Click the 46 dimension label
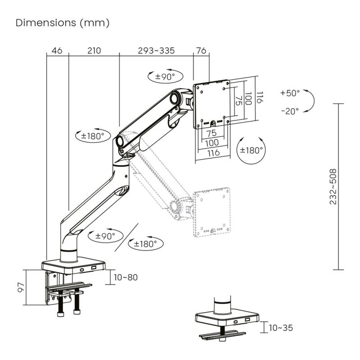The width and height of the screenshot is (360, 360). click(x=57, y=51)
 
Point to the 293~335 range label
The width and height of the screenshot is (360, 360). click(x=156, y=51)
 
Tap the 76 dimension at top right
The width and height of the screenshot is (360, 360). click(x=201, y=51)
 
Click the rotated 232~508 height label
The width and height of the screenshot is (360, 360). click(x=333, y=187)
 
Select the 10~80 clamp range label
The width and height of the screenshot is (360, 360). click(x=126, y=277)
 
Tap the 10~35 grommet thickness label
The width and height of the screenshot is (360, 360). click(x=281, y=328)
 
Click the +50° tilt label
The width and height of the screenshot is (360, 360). click(x=289, y=93)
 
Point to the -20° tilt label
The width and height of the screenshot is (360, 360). click(x=289, y=111)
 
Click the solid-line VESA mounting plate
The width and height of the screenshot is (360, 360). click(x=211, y=103)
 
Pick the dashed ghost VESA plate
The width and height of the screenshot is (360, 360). click(x=211, y=211)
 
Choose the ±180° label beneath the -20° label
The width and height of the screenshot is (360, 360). click(x=251, y=150)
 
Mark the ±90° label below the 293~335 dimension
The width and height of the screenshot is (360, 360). click(x=165, y=76)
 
